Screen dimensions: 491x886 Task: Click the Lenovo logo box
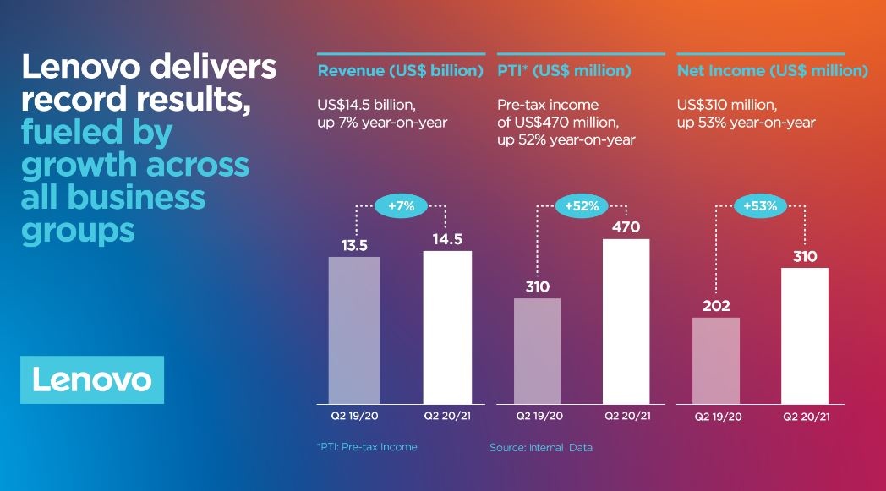point(92,379)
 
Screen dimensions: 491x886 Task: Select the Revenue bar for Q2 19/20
point(353,330)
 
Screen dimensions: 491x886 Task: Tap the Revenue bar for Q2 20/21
point(447,327)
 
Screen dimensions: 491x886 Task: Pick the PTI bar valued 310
point(537,351)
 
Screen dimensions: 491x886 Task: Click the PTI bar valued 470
point(626,321)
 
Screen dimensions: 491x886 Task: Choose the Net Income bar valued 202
point(717,361)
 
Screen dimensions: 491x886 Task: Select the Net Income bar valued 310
point(805,336)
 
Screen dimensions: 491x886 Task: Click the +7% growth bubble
point(401,207)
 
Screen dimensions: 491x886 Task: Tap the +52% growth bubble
point(582,207)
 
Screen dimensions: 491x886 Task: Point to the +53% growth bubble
point(761,206)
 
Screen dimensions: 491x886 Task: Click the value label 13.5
point(353,246)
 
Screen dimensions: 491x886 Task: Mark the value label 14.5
point(447,239)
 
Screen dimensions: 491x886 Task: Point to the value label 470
point(626,227)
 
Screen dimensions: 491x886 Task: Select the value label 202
point(716,306)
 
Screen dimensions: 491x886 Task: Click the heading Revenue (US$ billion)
point(400,71)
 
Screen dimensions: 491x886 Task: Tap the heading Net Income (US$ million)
point(772,71)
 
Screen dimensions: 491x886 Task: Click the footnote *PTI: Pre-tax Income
point(366,447)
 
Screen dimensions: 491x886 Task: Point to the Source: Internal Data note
point(540,447)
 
